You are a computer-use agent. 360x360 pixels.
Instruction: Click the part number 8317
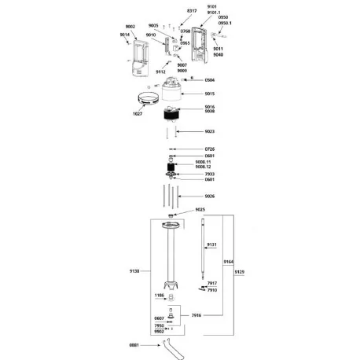tap(191, 11)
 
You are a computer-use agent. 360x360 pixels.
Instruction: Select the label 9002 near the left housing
tap(130, 27)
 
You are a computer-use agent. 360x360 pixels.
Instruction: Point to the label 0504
tap(209, 80)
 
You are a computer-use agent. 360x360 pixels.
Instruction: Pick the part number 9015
tap(209, 94)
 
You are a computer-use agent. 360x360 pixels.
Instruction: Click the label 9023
tap(209, 132)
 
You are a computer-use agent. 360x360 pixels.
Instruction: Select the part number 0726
tap(209, 149)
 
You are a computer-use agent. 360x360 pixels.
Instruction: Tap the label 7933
tap(209, 174)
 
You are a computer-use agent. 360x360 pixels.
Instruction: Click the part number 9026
tap(209, 196)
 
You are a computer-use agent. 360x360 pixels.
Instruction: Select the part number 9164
tap(228, 261)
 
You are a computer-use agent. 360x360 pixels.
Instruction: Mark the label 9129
tap(241, 271)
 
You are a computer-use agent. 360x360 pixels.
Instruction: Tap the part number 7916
tap(197, 314)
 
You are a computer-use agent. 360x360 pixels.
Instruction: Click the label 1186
tap(160, 296)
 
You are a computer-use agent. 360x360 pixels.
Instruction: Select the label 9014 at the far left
tap(124, 35)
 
